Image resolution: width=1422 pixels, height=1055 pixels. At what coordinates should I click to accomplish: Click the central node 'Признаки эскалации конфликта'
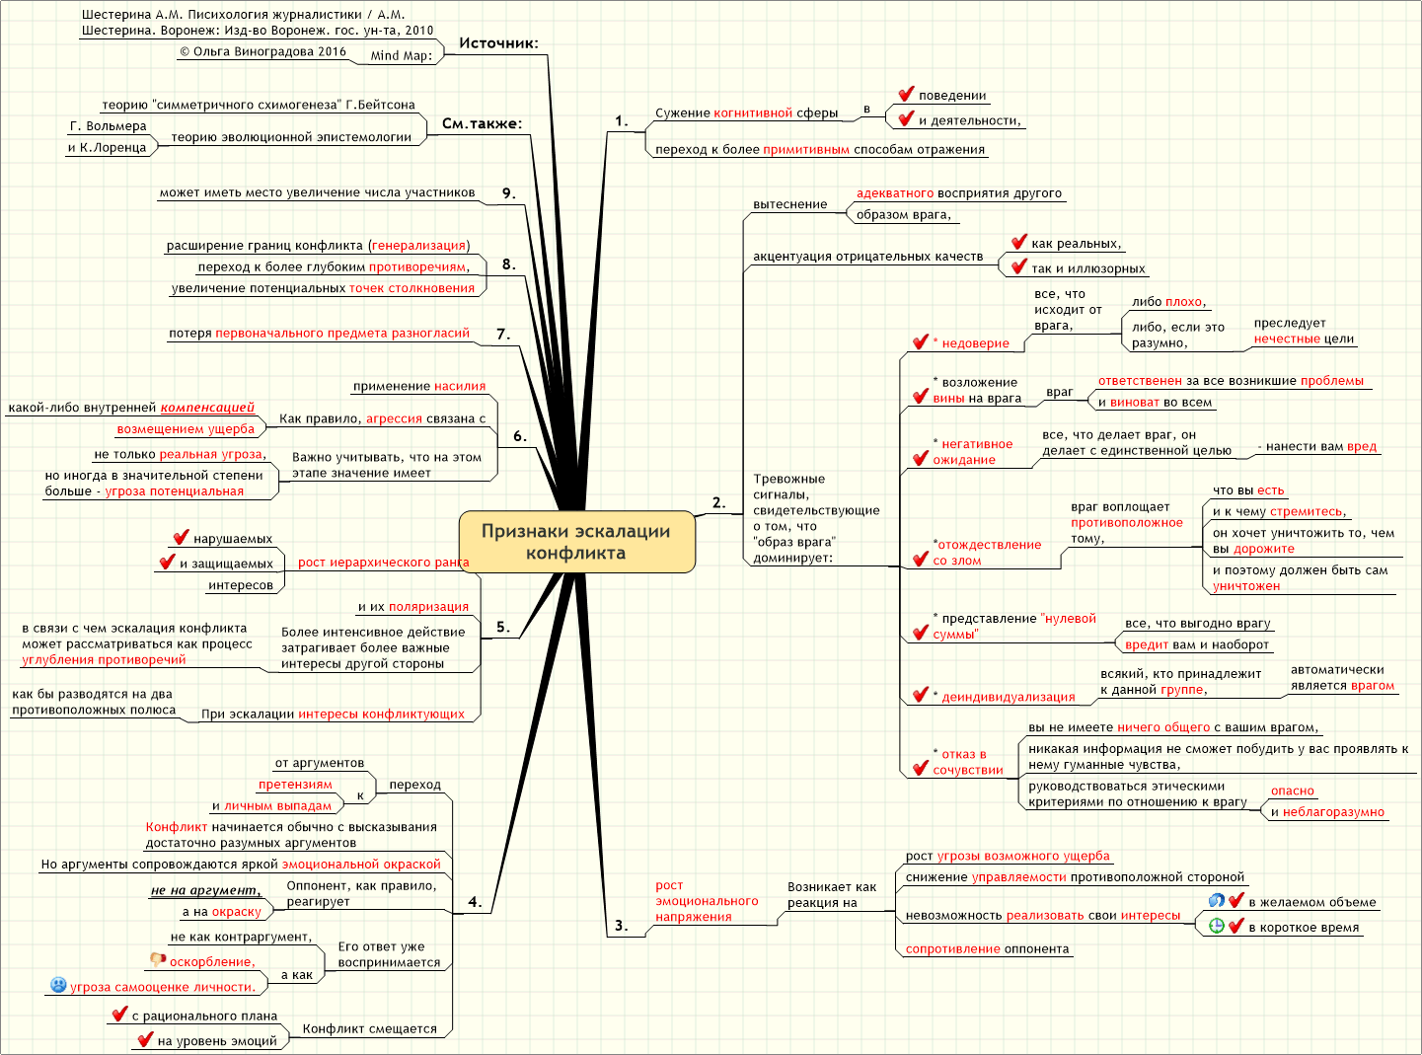[x=576, y=542]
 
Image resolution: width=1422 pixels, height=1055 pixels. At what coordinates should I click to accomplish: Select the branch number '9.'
[x=508, y=193]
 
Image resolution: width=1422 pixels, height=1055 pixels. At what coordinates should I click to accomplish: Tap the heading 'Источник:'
[x=498, y=43]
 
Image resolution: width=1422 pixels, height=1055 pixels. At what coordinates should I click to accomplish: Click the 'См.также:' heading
[x=483, y=123]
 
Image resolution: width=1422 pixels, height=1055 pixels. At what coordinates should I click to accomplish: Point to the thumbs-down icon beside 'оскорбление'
[x=158, y=959]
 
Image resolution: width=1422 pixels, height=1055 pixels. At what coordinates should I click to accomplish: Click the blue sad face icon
[x=58, y=985]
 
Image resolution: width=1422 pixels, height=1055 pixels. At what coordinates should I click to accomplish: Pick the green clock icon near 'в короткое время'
[x=1216, y=926]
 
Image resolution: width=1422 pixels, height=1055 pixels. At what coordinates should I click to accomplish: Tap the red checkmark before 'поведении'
[x=906, y=95]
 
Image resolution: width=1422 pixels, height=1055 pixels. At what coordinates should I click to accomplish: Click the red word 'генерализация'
[x=418, y=245]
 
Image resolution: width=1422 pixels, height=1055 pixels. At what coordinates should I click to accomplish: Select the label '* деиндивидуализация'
[x=1004, y=697]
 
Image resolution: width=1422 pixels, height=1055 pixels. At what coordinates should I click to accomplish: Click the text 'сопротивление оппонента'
[x=988, y=948]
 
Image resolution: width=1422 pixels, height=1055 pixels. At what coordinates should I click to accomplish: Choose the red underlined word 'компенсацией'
[x=207, y=408]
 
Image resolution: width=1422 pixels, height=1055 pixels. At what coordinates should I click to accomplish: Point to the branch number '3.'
[x=622, y=925]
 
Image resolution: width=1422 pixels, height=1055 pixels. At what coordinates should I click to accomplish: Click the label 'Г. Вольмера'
[x=108, y=125]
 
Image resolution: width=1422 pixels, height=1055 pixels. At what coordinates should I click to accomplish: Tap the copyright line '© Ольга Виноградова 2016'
[x=262, y=51]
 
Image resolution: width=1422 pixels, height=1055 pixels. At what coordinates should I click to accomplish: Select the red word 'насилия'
[x=460, y=386]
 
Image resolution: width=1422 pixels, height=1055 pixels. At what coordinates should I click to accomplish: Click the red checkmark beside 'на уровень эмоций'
[x=145, y=1038]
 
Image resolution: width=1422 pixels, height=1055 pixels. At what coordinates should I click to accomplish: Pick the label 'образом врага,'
[x=904, y=214]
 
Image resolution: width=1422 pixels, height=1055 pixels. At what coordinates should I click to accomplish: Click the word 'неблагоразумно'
[x=1333, y=812]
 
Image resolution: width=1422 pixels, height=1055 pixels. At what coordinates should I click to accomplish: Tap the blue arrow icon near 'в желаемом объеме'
[x=1216, y=900]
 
